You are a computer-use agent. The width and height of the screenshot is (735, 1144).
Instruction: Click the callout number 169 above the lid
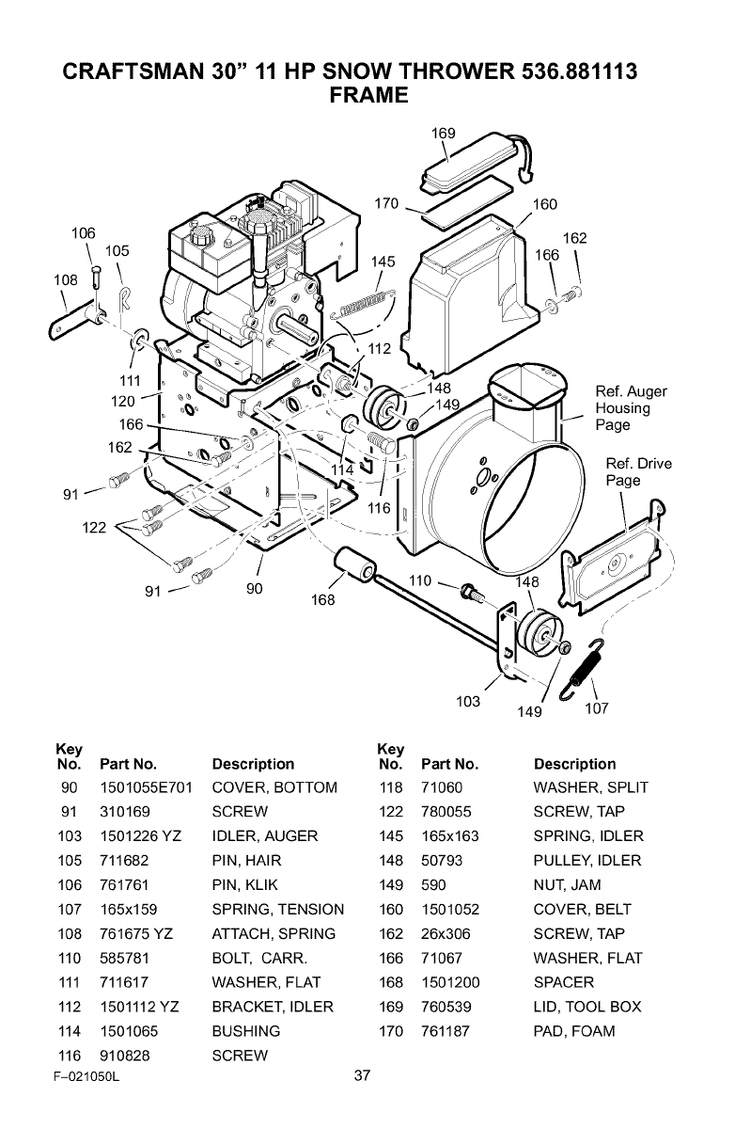pyautogui.click(x=443, y=134)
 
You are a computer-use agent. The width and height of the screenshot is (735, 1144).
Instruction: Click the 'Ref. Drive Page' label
pyautogui.click(x=638, y=471)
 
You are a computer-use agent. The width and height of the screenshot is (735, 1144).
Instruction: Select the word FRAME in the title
pyautogui.click(x=367, y=95)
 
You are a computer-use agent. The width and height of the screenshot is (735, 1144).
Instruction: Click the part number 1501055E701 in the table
pyautogui.click(x=146, y=787)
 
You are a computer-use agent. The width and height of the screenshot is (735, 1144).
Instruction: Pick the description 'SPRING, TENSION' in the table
pyautogui.click(x=278, y=909)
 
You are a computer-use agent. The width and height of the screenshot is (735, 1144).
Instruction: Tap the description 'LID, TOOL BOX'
pyautogui.click(x=586, y=1007)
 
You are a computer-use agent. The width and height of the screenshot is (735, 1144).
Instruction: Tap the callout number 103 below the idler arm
pyautogui.click(x=468, y=701)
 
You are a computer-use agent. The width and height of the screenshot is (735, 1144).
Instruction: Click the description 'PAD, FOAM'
pyautogui.click(x=573, y=1031)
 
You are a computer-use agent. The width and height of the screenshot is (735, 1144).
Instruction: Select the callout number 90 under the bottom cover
pyautogui.click(x=254, y=589)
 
